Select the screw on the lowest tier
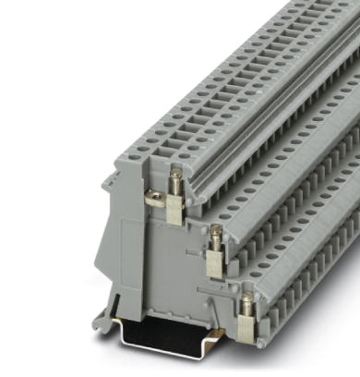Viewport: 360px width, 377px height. click(x=246, y=300)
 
